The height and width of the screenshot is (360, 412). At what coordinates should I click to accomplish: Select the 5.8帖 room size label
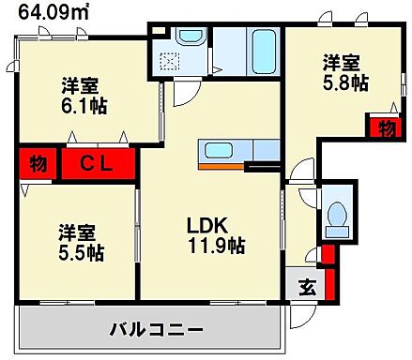342,85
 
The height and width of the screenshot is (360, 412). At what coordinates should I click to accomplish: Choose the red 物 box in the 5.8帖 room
385,127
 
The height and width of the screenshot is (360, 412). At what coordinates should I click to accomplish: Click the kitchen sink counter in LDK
225,150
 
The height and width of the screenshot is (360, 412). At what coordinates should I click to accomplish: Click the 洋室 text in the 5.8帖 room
342,64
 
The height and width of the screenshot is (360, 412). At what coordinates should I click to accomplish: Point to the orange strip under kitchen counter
225,167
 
